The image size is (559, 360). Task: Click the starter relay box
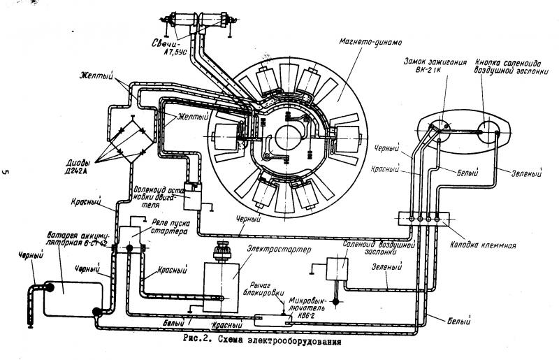tap(130, 238)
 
